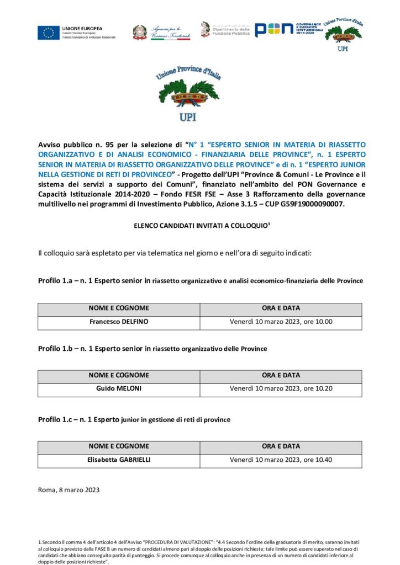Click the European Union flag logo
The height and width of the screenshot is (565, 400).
pyautogui.click(x=49, y=33)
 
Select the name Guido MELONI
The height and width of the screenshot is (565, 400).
pyautogui.click(x=118, y=388)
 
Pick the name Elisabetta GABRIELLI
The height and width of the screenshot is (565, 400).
pyautogui.click(x=118, y=460)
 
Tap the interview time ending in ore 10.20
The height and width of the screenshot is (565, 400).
pyautogui.click(x=281, y=388)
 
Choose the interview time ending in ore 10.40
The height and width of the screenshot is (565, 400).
pyautogui.click(x=281, y=460)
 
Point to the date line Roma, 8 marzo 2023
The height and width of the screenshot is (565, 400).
pyautogui.click(x=69, y=489)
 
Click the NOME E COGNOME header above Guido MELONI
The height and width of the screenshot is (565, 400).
pyautogui.click(x=118, y=375)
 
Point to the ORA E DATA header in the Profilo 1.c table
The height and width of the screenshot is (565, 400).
pyautogui.click(x=281, y=446)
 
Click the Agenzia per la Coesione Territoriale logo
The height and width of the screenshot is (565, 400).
pyautogui.click(x=161, y=32)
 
